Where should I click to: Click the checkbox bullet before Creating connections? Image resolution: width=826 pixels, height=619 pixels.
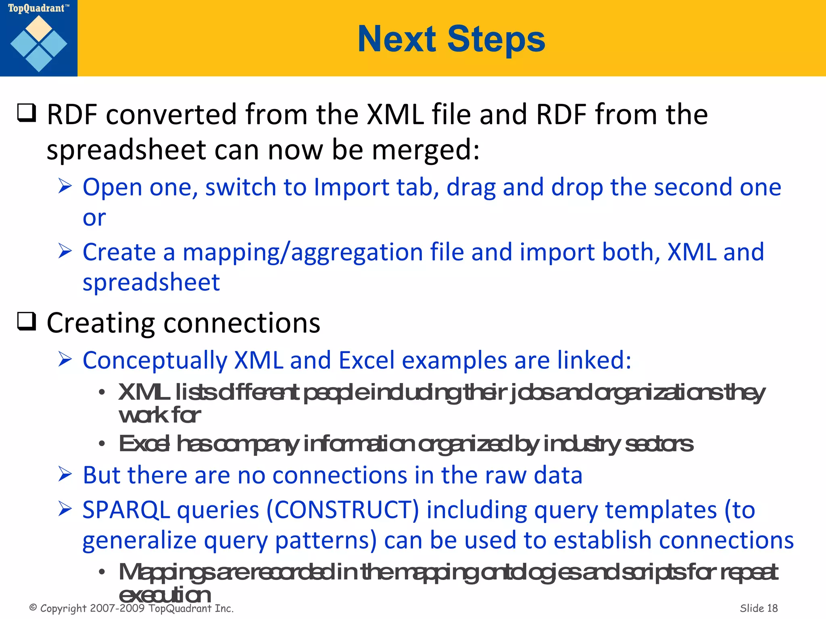coord(27,322)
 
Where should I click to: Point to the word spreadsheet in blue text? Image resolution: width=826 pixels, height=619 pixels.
coord(151,282)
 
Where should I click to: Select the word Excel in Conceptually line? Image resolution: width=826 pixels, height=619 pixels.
coord(366,360)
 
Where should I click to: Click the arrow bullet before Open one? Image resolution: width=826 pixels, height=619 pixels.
coord(65,186)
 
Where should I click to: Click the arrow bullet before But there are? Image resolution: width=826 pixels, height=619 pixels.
coord(65,474)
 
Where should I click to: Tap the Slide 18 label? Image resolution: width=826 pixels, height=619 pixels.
coord(758,608)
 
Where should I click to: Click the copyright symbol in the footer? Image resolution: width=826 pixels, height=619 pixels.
coord(33,608)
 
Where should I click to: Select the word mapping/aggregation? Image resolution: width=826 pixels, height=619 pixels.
coord(302,252)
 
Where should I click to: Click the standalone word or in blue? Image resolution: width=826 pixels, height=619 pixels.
coord(94,218)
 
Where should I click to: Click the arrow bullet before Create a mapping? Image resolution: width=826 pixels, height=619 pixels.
coord(65,251)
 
